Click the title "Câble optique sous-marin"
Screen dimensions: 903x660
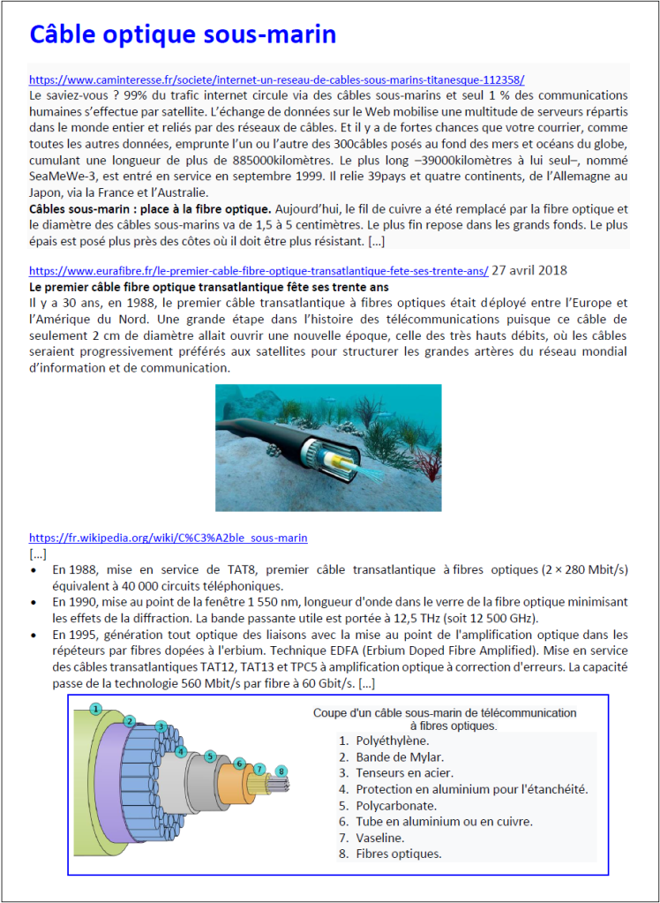click(x=183, y=34)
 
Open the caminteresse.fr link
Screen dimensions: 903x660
click(x=276, y=79)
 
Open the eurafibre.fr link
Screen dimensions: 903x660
click(x=258, y=270)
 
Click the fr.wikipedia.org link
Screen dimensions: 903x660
click(x=168, y=537)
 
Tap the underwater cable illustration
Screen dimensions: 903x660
click(x=328, y=447)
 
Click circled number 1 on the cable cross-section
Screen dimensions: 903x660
click(x=96, y=708)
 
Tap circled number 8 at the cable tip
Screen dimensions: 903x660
click(x=281, y=771)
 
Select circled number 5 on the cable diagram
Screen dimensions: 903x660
click(x=209, y=756)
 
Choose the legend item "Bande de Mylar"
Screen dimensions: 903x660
click(x=399, y=756)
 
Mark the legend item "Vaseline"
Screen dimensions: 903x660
click(x=380, y=837)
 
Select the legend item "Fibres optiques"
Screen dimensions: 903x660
click(x=398, y=853)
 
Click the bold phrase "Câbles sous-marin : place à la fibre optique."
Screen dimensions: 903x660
click(x=150, y=209)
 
